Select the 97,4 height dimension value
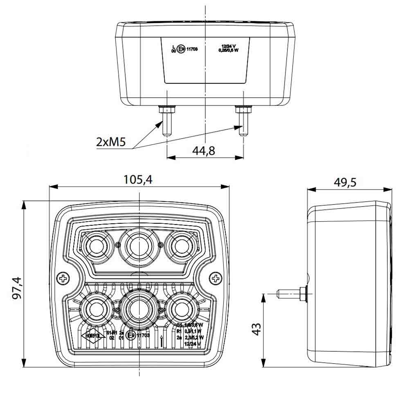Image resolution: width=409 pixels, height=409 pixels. (18, 289)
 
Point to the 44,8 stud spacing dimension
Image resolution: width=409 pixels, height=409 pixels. (203, 151)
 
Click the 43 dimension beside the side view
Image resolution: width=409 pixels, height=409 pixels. (256, 330)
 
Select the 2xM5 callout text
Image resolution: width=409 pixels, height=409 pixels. (110, 142)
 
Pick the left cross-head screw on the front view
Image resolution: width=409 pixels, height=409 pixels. (64, 279)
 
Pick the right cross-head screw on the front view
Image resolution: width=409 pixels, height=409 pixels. (216, 279)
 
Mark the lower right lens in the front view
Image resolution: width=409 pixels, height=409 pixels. (180, 309)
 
